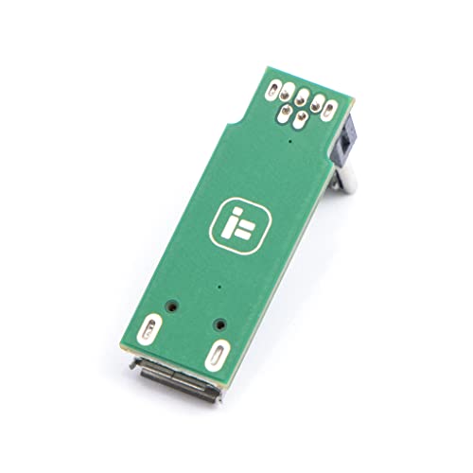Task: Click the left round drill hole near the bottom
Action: [173, 306]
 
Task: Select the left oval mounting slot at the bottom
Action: [149, 330]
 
